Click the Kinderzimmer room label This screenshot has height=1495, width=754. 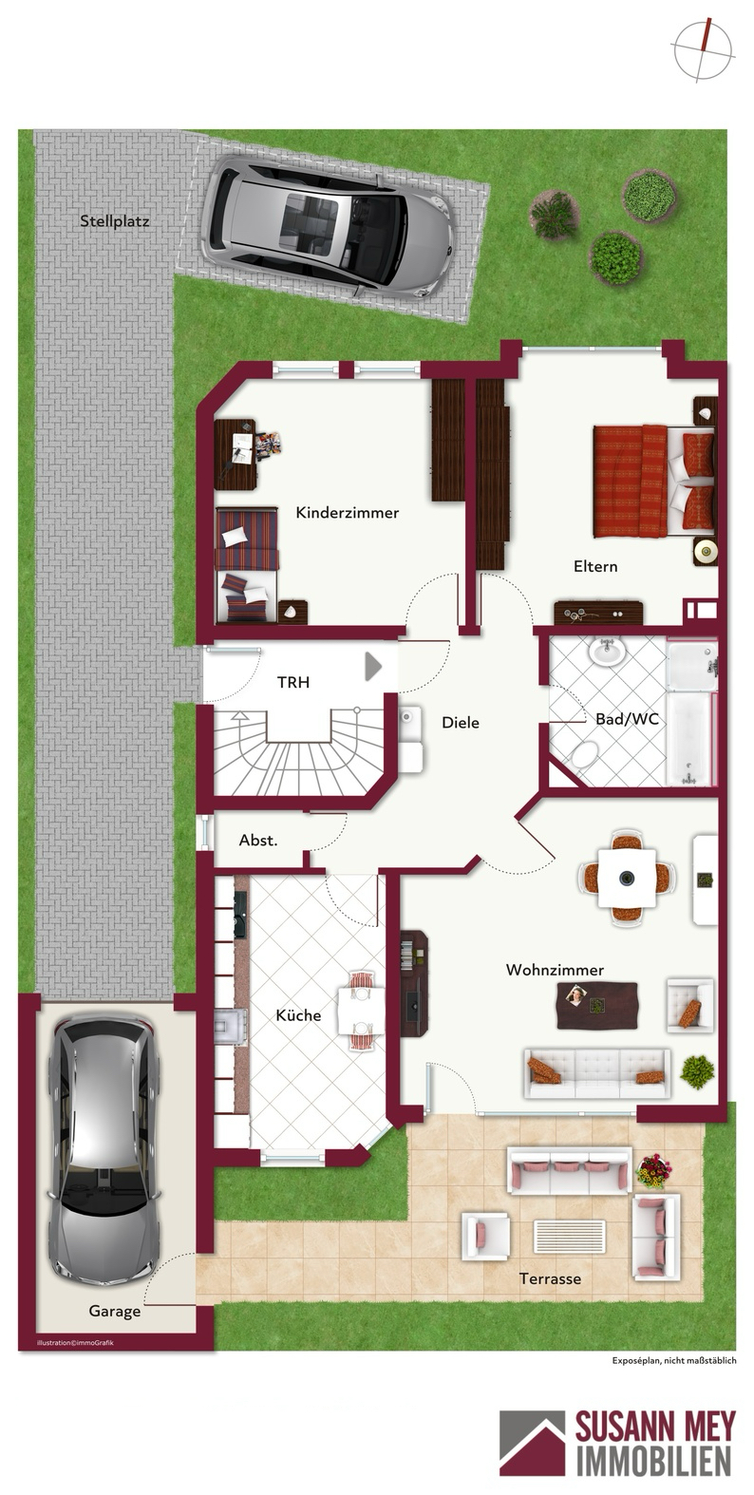347,513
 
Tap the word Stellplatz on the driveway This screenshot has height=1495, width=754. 115,221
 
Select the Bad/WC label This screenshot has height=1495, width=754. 627,719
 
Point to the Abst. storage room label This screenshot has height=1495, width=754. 258,841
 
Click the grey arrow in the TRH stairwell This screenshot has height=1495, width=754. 372,667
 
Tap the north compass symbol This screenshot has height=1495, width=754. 703,50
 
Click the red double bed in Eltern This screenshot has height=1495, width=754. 654,481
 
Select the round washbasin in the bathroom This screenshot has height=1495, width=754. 607,653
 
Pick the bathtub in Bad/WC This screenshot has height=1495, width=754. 690,738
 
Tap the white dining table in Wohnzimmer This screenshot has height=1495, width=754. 627,878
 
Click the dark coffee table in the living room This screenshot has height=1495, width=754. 596,1006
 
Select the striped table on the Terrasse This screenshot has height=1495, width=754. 569,1237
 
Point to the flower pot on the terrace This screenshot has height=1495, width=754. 654,1171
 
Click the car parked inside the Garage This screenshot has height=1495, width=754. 104,1150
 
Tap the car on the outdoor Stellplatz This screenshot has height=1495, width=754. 327,226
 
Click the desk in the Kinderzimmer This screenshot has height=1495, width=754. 236,455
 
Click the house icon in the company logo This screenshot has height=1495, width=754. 532,1452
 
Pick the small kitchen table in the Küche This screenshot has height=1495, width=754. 361,1012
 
